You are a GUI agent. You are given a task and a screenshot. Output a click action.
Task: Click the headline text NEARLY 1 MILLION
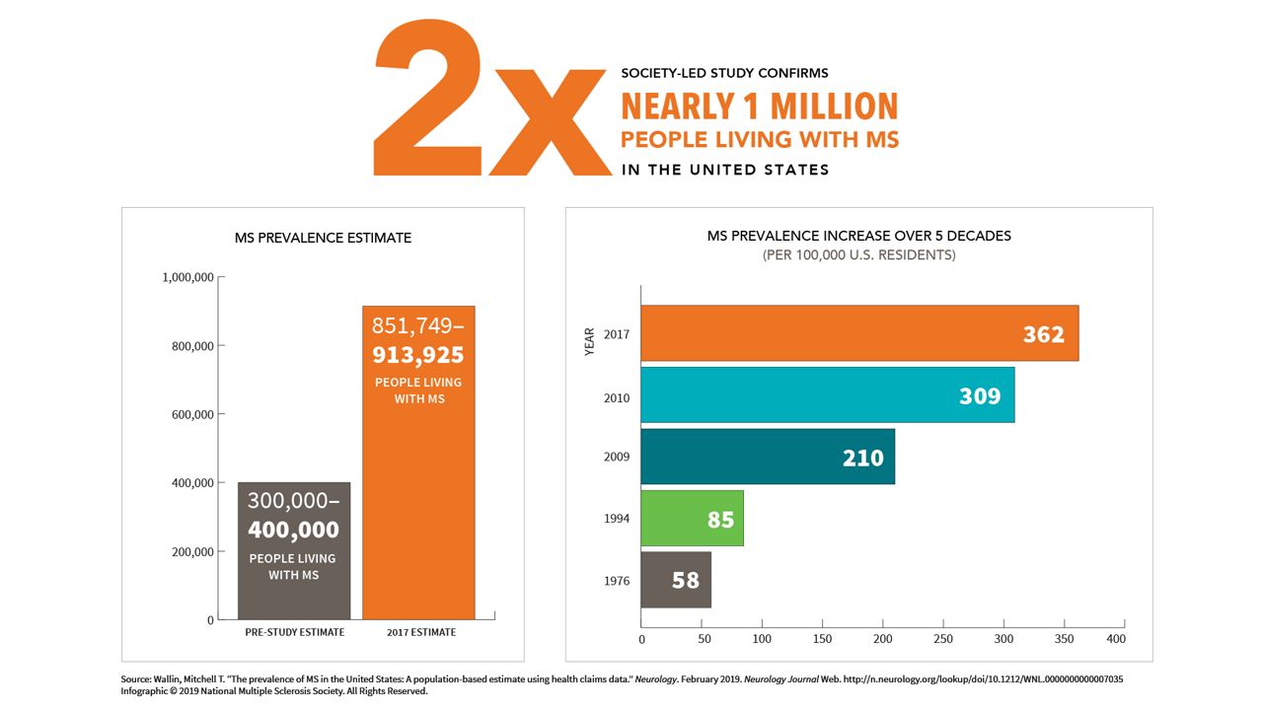759,106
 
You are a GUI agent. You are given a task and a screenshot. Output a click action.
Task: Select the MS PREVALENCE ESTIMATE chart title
323,238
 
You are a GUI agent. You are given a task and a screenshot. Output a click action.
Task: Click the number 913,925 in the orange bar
417,354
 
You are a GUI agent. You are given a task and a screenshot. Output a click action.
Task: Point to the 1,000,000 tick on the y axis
187,278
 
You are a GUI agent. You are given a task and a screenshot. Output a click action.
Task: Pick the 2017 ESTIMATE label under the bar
419,632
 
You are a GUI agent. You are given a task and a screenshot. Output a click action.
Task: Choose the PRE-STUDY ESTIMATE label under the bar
294,632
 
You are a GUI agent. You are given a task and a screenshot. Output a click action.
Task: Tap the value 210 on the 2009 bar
862,458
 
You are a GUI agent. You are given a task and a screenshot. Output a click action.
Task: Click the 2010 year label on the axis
617,397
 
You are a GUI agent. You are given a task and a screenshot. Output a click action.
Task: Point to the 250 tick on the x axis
943,639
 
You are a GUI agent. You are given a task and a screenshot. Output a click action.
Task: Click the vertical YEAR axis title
590,341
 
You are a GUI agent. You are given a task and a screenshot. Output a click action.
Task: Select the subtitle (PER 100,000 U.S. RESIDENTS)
858,255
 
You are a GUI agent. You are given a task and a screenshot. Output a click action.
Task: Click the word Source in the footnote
135,679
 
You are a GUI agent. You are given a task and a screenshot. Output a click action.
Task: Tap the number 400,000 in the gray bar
293,530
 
